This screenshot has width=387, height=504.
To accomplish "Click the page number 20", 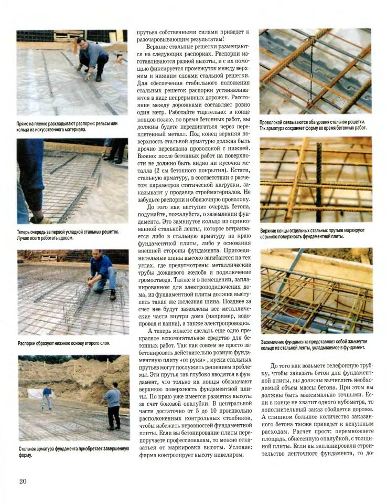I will [23, 481].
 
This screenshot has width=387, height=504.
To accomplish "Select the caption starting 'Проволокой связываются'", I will [313, 124].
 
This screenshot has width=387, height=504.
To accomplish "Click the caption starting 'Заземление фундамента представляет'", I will [313, 344].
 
